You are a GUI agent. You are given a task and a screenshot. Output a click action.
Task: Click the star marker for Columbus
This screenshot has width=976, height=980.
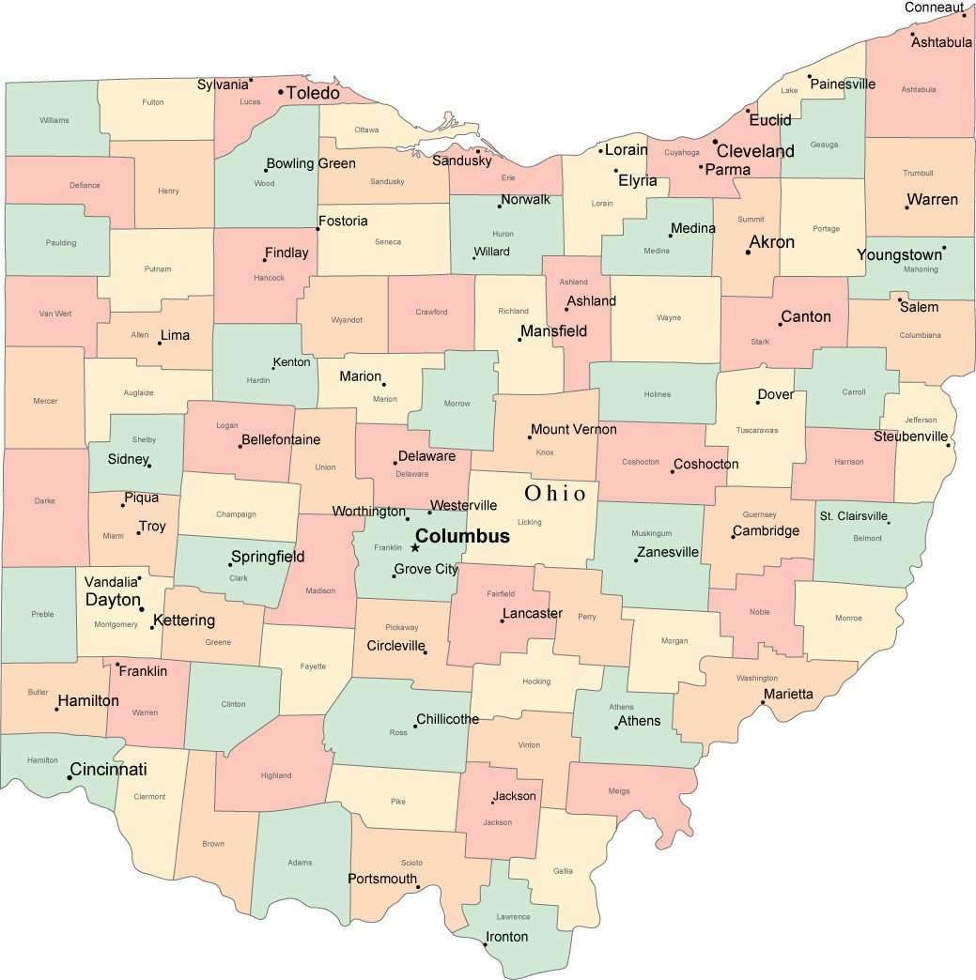(x=414, y=547)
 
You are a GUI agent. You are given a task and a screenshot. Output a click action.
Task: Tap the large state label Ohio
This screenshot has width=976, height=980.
(x=555, y=494)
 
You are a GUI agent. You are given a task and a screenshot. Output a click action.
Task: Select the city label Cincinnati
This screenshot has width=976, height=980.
(x=109, y=770)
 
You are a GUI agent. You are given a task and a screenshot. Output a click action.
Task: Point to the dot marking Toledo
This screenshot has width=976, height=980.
(x=281, y=92)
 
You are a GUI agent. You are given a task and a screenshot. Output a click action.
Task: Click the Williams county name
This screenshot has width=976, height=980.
(x=54, y=120)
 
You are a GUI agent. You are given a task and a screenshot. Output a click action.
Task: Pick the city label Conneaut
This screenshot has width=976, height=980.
(x=934, y=8)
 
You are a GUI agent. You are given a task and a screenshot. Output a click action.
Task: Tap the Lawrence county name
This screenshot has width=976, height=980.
(x=514, y=916)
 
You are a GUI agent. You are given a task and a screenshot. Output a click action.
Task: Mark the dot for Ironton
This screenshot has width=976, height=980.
(x=485, y=944)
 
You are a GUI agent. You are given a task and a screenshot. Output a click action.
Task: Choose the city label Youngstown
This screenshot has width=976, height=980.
(x=899, y=254)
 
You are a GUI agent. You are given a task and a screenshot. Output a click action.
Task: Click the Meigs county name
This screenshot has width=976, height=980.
(x=619, y=791)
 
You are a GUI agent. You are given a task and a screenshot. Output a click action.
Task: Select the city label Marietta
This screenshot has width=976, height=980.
(x=788, y=695)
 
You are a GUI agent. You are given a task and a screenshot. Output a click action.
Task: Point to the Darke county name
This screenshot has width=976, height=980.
(x=44, y=501)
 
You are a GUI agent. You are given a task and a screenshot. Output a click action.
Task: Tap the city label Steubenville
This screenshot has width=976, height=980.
(x=910, y=436)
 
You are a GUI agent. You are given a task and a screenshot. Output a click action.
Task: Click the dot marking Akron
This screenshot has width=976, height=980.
(x=748, y=252)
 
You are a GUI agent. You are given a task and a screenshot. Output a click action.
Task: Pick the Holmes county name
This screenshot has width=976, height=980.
(x=658, y=394)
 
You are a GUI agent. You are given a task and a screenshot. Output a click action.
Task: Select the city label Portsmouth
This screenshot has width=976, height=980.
(x=382, y=880)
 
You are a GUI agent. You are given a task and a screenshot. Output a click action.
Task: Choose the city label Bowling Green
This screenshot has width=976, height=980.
(x=311, y=163)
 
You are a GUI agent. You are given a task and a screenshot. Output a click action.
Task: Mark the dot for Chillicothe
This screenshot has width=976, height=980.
(x=415, y=726)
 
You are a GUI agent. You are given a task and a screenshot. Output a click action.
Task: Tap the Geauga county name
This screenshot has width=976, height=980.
(x=824, y=145)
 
